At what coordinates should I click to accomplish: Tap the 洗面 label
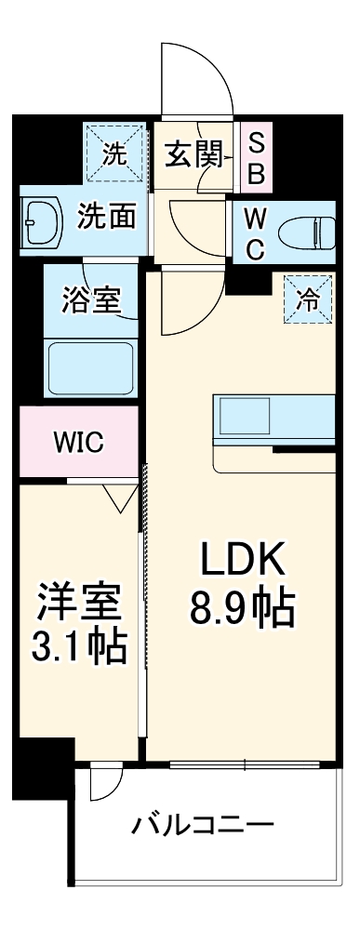(106, 218)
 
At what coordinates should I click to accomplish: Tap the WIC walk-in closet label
(78, 441)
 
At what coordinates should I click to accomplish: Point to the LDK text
(243, 560)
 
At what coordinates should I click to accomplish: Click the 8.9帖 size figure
(243, 609)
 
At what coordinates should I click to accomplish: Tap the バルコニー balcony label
(202, 826)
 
